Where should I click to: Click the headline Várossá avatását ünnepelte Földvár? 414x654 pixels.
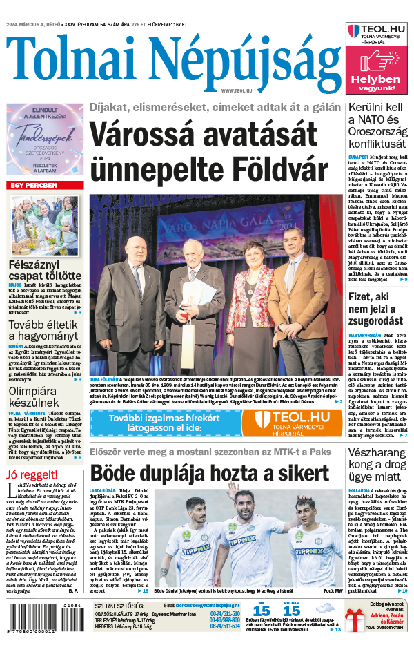(x=215, y=151)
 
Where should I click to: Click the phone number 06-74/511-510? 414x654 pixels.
(x=224, y=613)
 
